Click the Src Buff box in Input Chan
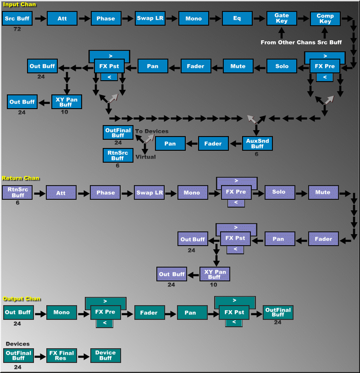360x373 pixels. pos(17,18)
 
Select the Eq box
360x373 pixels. pos(237,18)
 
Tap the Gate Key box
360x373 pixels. pos(282,18)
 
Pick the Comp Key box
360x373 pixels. pos(325,18)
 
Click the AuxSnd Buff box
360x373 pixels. pos(257,143)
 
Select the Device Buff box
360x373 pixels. pos(106,355)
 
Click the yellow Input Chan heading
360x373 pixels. pos(20,4)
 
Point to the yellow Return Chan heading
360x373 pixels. pos(21,178)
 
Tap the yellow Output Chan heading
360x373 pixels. pos(22,299)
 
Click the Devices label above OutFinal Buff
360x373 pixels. pos(18,344)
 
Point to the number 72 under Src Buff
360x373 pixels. pos(17,29)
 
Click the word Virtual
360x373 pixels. pos(146,157)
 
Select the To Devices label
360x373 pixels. pos(151,132)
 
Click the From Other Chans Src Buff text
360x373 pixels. pos(301,42)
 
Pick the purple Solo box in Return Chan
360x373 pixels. pos(278,192)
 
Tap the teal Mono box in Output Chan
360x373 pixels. pos(61,312)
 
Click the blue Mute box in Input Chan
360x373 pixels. pos(238,66)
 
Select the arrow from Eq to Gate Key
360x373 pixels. pos(260,19)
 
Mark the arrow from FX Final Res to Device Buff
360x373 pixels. pos(84,355)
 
